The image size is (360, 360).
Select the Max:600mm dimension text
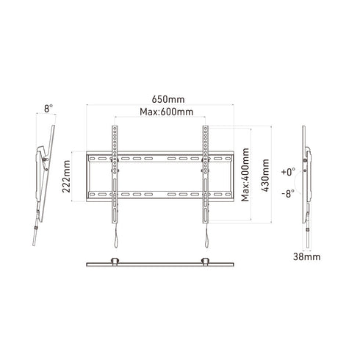tap(166, 112)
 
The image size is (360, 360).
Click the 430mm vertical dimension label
tap(265, 176)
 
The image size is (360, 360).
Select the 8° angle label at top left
tap(49, 108)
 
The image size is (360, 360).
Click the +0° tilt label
tap(287, 170)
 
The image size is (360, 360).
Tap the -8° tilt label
tap(287, 194)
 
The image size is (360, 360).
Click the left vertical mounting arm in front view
tap(114, 173)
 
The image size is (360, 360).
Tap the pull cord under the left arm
tap(114, 235)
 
